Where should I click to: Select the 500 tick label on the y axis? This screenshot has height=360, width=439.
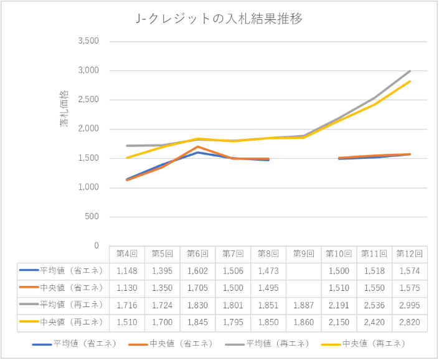point(92,217)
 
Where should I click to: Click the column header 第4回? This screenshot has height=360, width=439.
point(127,254)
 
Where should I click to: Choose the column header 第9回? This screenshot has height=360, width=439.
point(304,254)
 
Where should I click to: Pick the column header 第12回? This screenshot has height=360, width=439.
point(410,254)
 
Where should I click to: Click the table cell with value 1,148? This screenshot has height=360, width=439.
point(127,270)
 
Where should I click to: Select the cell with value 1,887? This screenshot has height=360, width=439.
point(304,305)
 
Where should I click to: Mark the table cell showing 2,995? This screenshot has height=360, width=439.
point(410,305)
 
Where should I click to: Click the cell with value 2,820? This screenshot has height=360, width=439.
point(410,322)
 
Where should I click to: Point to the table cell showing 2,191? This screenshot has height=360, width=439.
point(339,305)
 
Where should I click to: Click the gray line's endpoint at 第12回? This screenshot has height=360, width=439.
point(410,71)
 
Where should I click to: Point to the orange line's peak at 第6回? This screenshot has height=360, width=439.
point(197,146)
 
